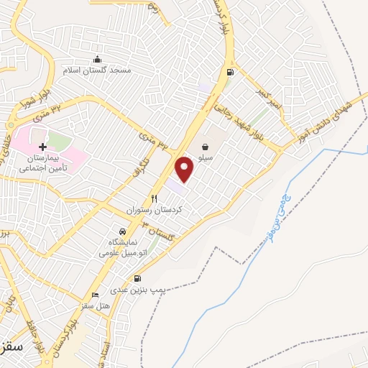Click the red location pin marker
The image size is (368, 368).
(x=185, y=168)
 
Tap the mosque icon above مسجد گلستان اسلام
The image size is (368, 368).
(x=98, y=59)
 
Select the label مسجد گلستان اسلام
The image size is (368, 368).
(x=97, y=70)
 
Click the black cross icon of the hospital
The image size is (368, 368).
(x=42, y=146)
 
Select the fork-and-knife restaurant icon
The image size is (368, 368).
(x=154, y=199)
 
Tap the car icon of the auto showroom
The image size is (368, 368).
(x=123, y=231)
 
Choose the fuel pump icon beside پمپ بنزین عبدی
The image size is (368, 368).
(x=137, y=279)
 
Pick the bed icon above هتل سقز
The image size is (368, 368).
(x=95, y=295)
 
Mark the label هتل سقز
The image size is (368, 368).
(x=95, y=306)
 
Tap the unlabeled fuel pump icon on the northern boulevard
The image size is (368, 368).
(x=230, y=72)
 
